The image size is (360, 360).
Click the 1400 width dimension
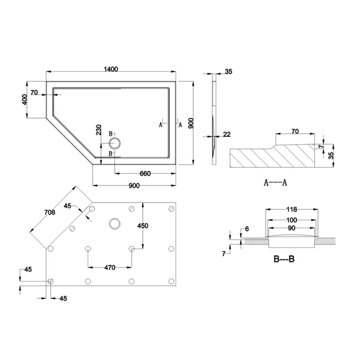(x=111, y=69)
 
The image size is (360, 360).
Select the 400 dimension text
(x=25, y=100)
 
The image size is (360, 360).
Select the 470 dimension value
(x=110, y=267)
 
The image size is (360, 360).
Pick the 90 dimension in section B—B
(x=292, y=228)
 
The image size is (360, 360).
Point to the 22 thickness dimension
(x=226, y=135)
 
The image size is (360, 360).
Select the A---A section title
(x=275, y=182)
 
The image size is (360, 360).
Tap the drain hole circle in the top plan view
(x=115, y=144)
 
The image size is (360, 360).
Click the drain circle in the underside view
(x=115, y=222)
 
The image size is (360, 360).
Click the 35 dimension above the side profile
(x=228, y=72)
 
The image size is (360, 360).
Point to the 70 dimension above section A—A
(x=295, y=131)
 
